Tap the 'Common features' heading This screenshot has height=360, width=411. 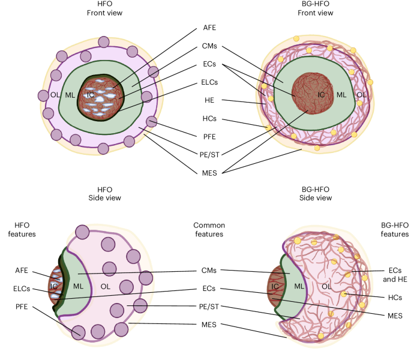tap(208, 230)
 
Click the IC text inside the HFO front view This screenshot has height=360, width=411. tap(89, 95)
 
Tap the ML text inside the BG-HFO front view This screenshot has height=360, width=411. tap(341, 94)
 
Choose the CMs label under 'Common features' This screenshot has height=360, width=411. tap(208, 272)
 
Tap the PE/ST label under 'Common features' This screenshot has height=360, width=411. tap(208, 307)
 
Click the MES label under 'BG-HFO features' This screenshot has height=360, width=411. tap(394, 315)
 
